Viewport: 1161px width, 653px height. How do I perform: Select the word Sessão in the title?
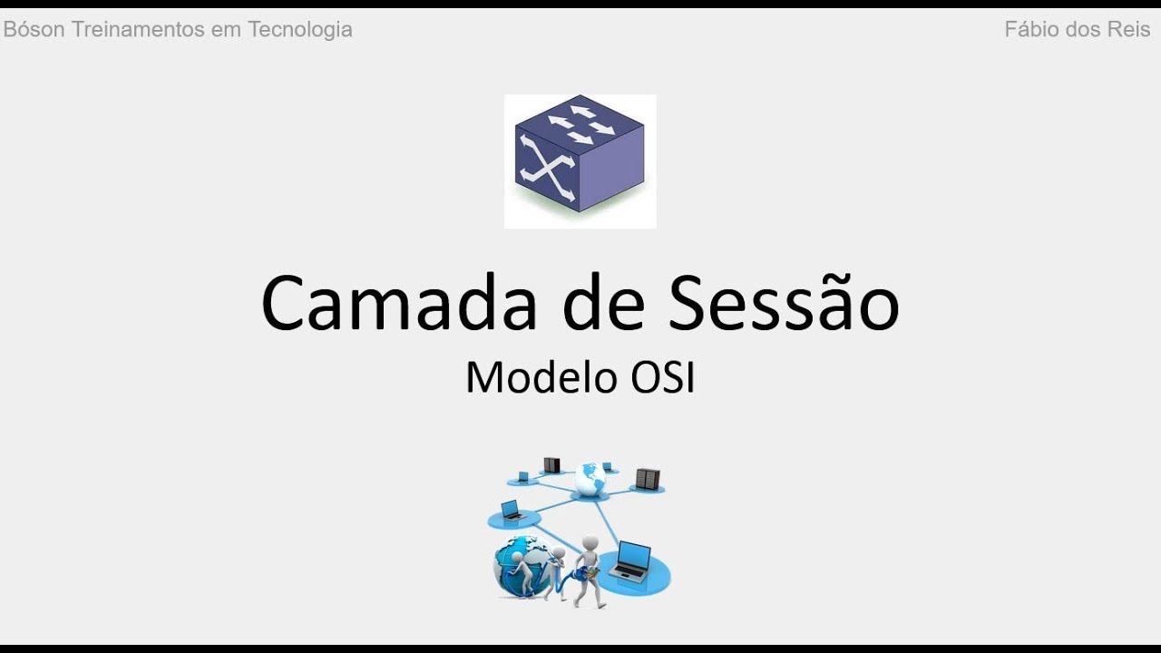coord(785,303)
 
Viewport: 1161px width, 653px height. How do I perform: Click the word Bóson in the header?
coord(34,29)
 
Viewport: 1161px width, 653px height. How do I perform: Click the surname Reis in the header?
coord(1127,29)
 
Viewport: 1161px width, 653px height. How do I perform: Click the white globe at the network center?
coord(589,478)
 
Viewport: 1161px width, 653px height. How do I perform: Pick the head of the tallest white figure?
coord(590,543)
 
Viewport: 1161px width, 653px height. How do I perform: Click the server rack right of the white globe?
coord(648,478)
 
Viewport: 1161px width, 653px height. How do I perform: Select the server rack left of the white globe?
coord(551,465)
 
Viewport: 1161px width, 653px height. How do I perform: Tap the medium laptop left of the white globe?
coord(510,510)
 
